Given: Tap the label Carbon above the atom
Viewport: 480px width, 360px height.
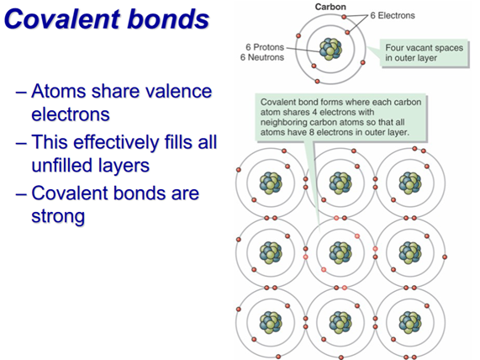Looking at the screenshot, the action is (x=330, y=7).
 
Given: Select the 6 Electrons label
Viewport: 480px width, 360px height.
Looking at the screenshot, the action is (x=393, y=15).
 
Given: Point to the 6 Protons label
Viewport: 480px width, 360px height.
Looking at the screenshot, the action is (x=265, y=47).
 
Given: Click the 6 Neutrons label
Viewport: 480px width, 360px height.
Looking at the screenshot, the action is (x=262, y=57).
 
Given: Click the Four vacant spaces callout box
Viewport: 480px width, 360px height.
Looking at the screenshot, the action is (x=425, y=53).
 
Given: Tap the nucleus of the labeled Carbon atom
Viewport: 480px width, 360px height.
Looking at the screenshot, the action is (x=330, y=49).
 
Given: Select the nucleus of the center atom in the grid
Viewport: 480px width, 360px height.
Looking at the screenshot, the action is (x=340, y=253).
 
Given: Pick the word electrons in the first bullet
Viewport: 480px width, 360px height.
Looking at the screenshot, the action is (x=71, y=114).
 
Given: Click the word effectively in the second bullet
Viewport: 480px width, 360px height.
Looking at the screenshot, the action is (x=116, y=142).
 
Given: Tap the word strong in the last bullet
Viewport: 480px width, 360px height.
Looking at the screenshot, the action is (x=58, y=217).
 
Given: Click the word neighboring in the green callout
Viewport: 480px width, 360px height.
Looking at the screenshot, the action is (x=284, y=123).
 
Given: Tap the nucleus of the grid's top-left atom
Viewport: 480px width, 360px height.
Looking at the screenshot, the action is (x=271, y=183).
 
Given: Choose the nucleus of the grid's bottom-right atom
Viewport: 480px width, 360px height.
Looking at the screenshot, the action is (x=410, y=323).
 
